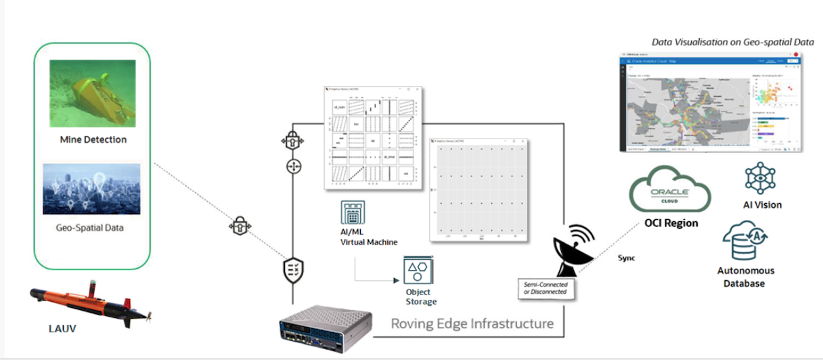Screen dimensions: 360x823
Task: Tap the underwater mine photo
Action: click(92, 93)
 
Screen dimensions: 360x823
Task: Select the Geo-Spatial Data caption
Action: click(92, 227)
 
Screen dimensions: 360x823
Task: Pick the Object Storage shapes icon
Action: click(418, 270)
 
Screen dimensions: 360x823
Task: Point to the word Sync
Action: click(627, 258)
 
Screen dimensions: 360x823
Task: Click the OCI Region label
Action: click(670, 223)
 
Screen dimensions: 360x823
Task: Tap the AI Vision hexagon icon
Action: click(757, 177)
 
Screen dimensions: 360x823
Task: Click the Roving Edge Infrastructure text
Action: click(472, 323)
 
